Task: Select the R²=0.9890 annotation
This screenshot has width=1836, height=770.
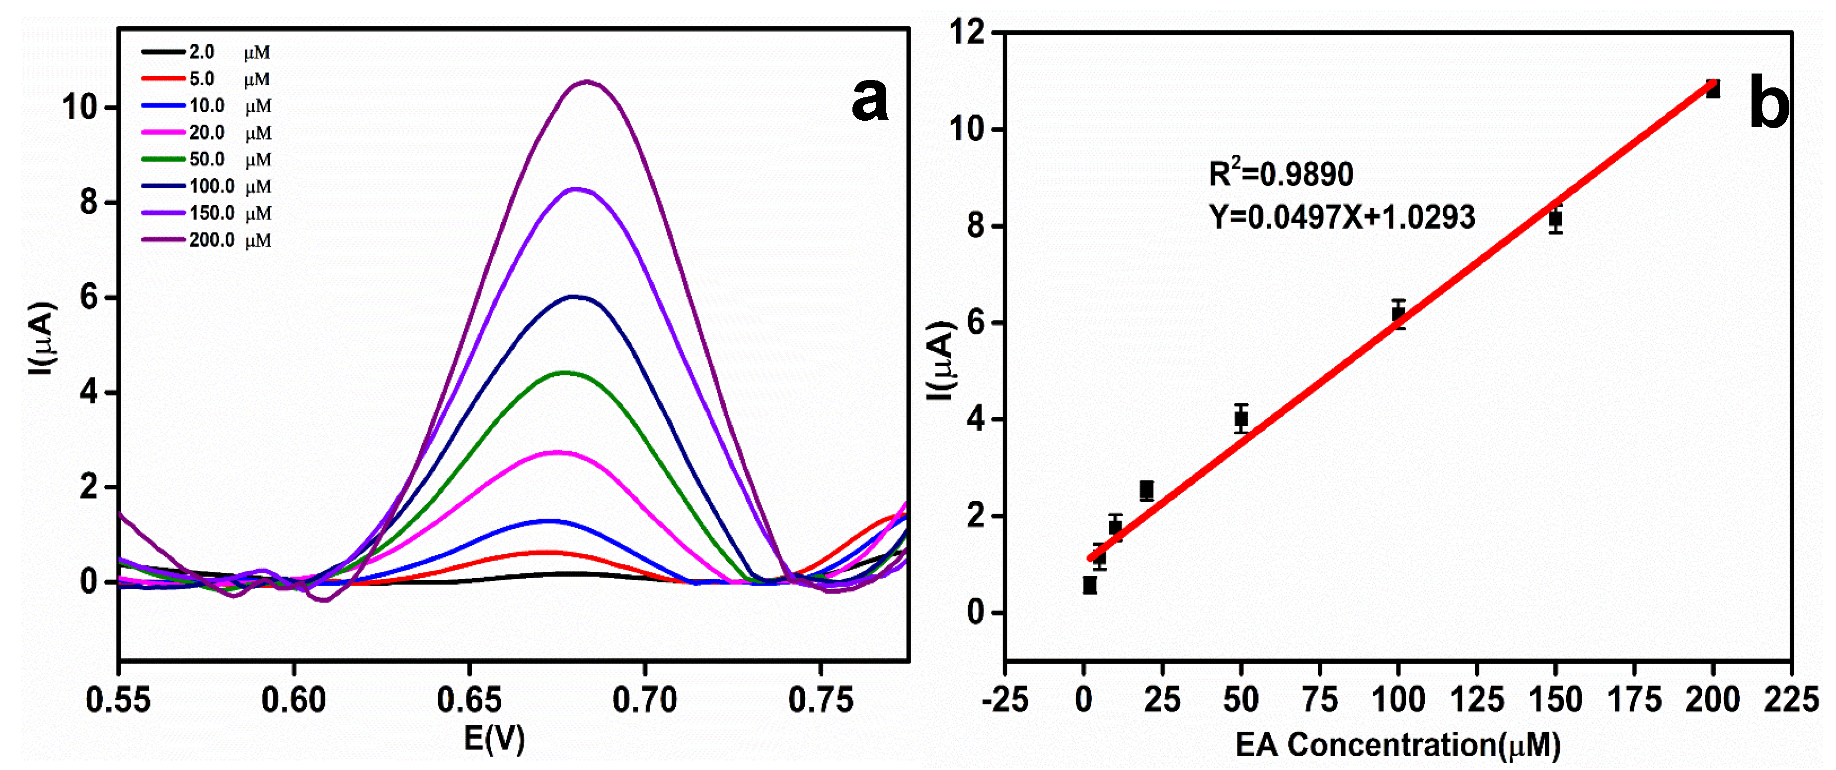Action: pyautogui.click(x=1280, y=174)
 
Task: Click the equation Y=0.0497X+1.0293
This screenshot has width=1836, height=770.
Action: pyautogui.click(x=1341, y=217)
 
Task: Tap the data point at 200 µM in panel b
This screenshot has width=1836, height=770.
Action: pyautogui.click(x=1712, y=89)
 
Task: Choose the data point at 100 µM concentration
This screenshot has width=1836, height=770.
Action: pyautogui.click(x=1398, y=313)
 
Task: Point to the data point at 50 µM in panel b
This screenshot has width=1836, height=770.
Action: pyautogui.click(x=1241, y=418)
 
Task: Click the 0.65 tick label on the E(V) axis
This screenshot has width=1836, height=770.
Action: pyautogui.click(x=469, y=700)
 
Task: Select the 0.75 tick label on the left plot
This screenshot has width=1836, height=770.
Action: pyautogui.click(x=820, y=700)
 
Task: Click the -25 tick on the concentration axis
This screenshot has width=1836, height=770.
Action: pyautogui.click(x=1005, y=700)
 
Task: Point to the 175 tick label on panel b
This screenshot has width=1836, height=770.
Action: pyautogui.click(x=1634, y=700)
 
